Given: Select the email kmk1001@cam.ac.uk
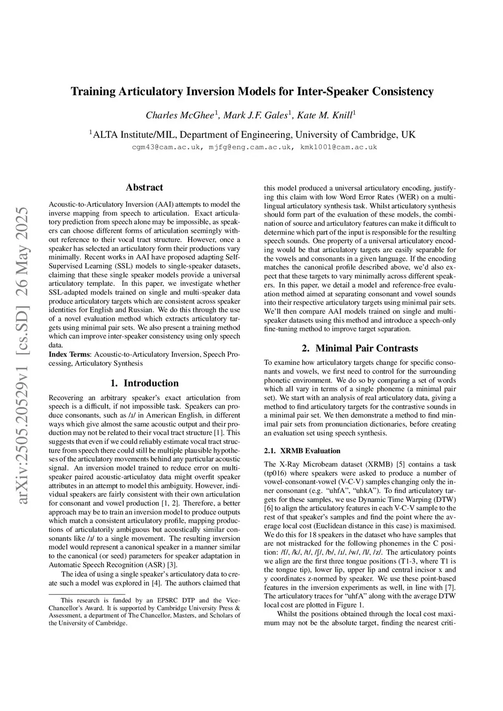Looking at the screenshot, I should (x=339, y=147).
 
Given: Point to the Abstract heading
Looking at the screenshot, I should (x=144, y=188).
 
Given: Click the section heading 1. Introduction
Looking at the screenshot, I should (x=144, y=383).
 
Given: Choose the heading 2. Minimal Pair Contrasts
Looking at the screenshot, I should (x=360, y=349).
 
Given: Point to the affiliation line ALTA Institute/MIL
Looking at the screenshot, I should (x=252, y=135).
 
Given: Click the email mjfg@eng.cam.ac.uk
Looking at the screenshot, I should (x=251, y=147).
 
